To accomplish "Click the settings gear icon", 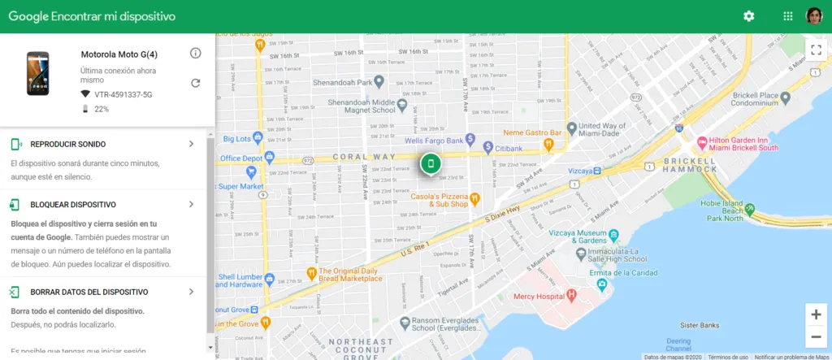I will coord(748,16).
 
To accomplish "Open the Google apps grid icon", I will coord(787,16).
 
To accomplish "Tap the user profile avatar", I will coord(814,16).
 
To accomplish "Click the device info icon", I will coord(195,54).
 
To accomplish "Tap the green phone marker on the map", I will coord(431,164).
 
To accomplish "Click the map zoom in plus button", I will coord(816,314).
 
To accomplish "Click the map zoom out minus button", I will coord(816,337).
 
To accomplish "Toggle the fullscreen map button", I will coord(816,50).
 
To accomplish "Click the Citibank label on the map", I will coord(508,148).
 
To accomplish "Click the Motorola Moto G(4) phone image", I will coord(38,73).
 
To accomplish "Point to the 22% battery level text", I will coord(102,109).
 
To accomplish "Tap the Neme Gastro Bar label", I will coord(533,132).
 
